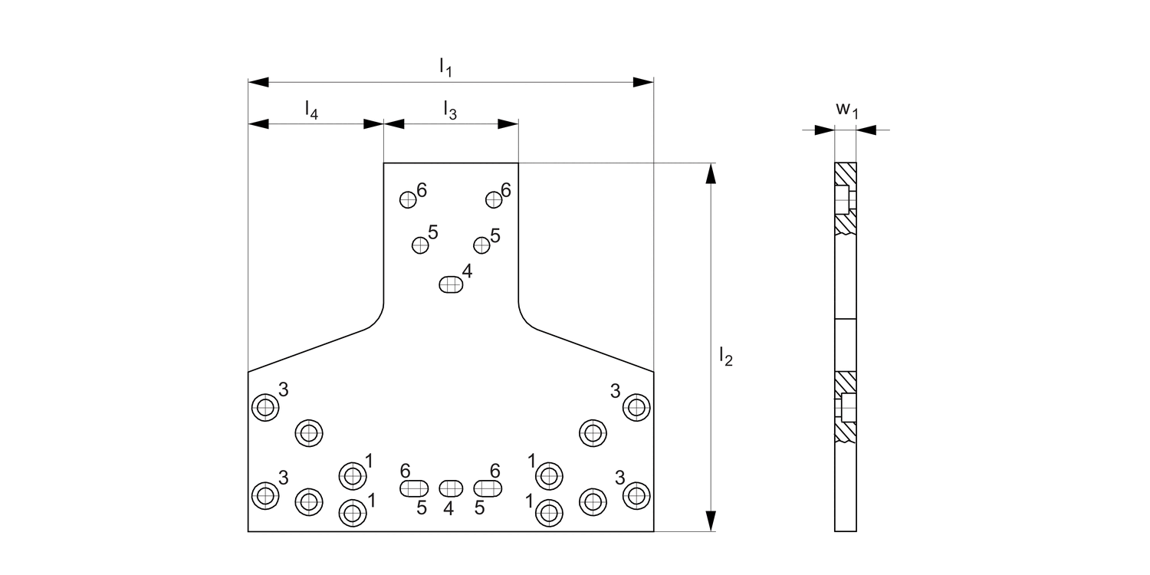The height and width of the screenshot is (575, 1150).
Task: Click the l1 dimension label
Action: point(445,67)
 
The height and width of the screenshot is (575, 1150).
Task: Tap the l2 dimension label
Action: point(725,356)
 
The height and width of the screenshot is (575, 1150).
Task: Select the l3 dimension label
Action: point(450,110)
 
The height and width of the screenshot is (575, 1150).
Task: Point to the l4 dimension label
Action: point(311,110)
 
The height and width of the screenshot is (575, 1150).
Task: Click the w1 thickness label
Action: point(846,111)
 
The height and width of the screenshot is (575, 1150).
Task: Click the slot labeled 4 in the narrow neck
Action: point(452,284)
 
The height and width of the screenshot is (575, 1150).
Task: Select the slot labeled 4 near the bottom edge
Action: point(451,488)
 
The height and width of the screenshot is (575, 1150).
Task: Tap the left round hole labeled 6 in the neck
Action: point(408,199)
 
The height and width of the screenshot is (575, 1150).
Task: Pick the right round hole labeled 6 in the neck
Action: point(495,199)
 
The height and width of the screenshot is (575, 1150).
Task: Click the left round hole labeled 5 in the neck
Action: point(419,245)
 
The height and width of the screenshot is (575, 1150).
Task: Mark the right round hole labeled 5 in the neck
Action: point(481,245)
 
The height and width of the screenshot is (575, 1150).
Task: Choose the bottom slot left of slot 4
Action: point(414,488)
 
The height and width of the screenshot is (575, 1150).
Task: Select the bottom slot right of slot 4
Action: point(488,488)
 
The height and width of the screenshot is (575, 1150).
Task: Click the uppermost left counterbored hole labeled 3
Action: point(265,407)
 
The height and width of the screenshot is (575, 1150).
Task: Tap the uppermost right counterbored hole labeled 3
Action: point(636,406)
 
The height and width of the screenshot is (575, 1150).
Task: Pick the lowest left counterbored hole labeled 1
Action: point(352,511)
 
